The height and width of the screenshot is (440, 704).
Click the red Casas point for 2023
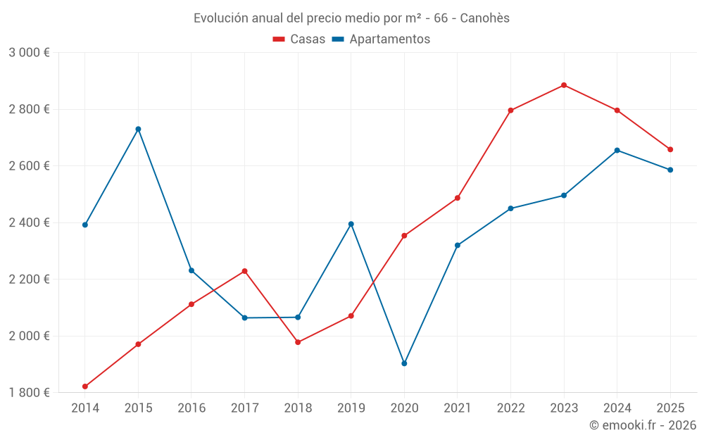tap(564, 85)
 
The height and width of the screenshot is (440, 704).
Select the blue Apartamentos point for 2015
tap(138, 129)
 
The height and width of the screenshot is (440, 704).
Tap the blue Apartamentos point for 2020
tap(404, 363)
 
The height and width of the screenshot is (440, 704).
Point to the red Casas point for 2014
tap(85, 386)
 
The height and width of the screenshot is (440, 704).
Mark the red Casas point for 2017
tap(244, 271)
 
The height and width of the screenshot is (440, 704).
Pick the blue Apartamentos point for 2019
tap(351, 224)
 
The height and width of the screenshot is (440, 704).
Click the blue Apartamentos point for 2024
tap(617, 150)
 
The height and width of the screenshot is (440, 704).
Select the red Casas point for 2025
tap(670, 149)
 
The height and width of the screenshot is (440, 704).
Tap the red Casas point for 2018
tap(298, 342)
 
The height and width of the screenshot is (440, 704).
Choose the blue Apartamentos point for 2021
tap(458, 245)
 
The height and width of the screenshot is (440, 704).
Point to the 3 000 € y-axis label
tap(29, 53)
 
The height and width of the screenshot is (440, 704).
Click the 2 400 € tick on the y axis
tap(29, 222)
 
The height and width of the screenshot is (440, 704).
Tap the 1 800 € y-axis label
tap(29, 392)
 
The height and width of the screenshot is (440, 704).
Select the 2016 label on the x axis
tap(191, 408)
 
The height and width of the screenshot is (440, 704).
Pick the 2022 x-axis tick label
tap(510, 408)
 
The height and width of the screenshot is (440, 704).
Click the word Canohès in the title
tap(484, 18)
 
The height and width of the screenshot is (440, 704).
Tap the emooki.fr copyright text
tap(642, 425)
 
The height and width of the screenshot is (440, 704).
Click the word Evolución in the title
tap(219, 18)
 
